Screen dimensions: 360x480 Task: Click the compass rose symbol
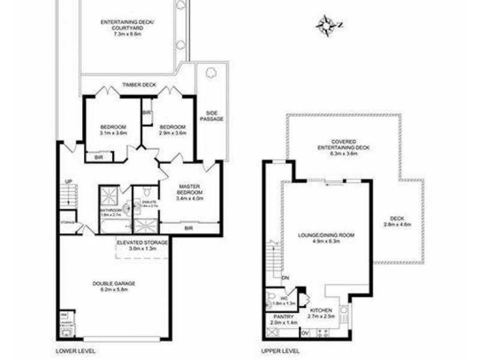tap(326, 25)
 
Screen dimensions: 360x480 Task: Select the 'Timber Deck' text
tap(139, 85)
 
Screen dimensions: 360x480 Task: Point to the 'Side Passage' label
tap(211, 116)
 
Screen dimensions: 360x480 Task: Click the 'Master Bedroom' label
tap(190, 189)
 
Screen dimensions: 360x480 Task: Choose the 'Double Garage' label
tap(114, 284)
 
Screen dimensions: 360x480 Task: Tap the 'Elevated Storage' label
tap(142, 243)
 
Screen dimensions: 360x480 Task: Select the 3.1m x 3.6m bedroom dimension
tap(113, 133)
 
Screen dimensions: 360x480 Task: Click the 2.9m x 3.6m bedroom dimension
tap(173, 133)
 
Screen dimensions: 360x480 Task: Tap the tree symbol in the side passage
tap(211, 73)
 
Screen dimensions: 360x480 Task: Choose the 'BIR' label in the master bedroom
tap(189, 228)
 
